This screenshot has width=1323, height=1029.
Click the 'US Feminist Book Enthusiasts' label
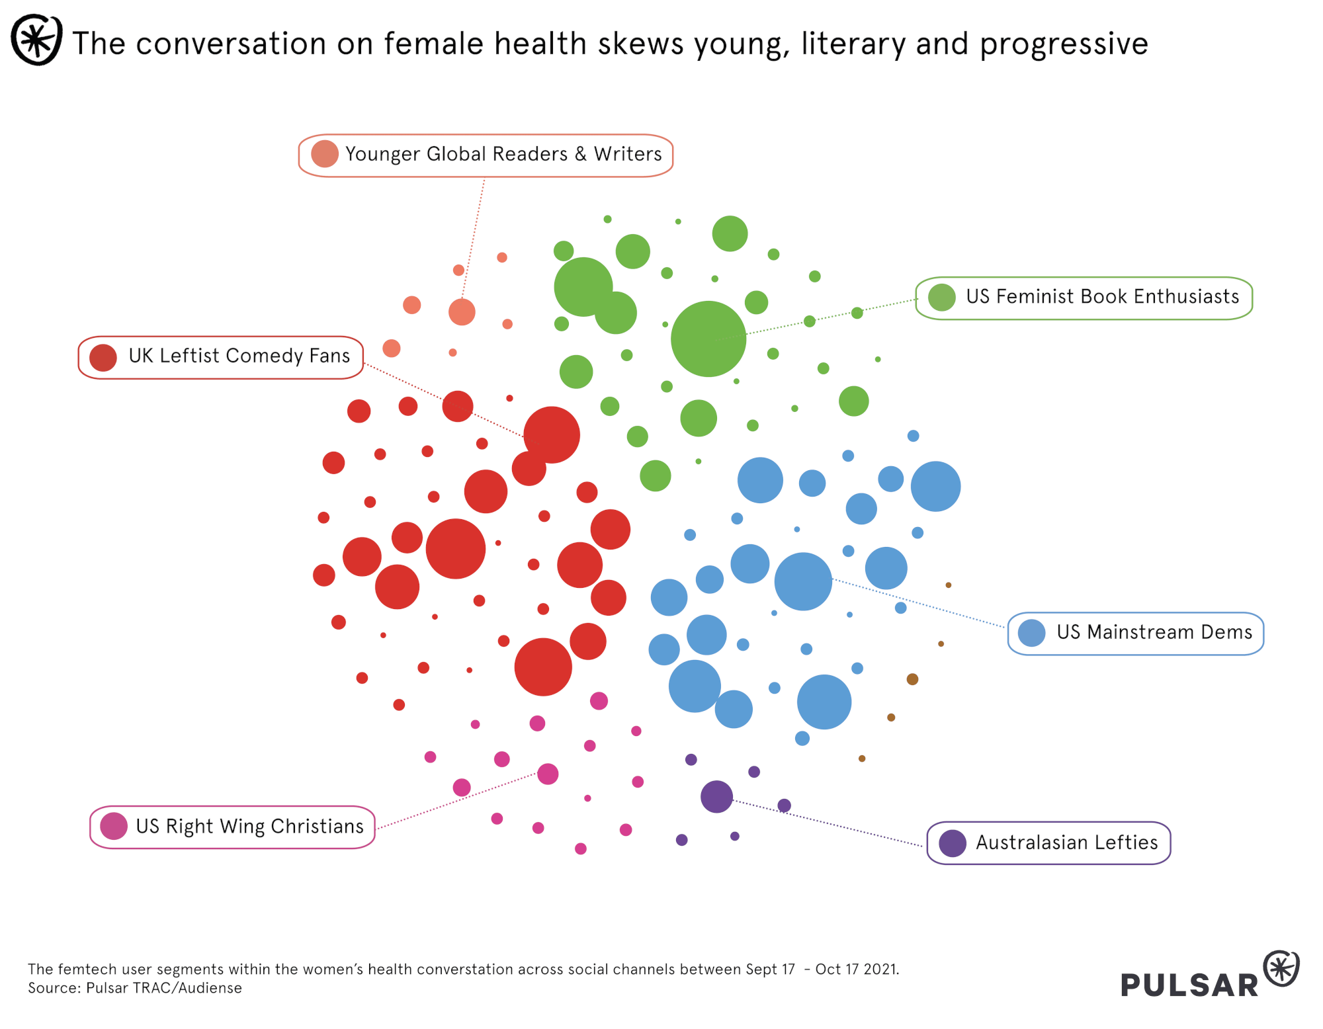1101,297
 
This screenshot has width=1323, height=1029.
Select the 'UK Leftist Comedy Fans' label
238,356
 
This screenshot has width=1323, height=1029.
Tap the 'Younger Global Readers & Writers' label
503,155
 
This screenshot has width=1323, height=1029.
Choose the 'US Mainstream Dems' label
1154,633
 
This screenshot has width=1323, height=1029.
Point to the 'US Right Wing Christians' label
249,827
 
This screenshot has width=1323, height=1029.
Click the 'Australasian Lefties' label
1066,843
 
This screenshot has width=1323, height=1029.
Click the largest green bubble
708,339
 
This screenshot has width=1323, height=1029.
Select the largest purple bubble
716,796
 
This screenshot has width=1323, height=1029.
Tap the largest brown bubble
912,679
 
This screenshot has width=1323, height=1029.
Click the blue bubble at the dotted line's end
802,581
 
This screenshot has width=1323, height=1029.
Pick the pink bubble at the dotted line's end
548,774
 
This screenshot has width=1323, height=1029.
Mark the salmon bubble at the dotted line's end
462,312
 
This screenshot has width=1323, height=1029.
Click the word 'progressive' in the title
1064,44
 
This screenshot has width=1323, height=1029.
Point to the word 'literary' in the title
853,44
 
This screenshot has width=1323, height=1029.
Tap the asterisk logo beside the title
37,40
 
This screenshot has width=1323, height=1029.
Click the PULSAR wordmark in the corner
1189,985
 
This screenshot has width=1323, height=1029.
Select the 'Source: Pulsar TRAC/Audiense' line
135,988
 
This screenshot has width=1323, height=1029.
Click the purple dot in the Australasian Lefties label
953,843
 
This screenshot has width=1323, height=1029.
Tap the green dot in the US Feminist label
941,298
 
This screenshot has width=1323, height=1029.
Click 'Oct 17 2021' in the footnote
857,969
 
